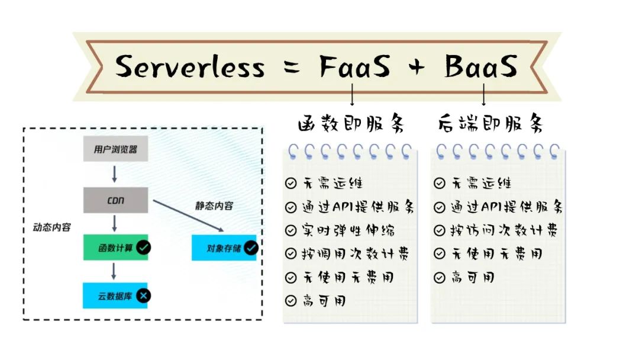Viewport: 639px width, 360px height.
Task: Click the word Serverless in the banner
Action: coord(189,66)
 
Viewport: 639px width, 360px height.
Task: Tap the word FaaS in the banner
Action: coord(355,66)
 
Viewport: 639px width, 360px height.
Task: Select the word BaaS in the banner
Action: coord(481,66)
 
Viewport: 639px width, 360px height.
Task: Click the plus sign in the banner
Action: coord(417,67)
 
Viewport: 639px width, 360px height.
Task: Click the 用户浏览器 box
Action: coord(115,149)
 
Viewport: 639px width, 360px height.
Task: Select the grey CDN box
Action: coord(115,200)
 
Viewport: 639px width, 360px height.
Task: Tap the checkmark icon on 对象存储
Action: coord(251,247)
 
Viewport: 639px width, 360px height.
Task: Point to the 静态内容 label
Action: coord(214,206)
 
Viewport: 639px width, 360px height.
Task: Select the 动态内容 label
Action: coord(51,227)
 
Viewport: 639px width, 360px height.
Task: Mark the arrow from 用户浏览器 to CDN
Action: coord(115,174)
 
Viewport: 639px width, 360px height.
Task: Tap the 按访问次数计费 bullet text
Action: coord(504,230)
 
